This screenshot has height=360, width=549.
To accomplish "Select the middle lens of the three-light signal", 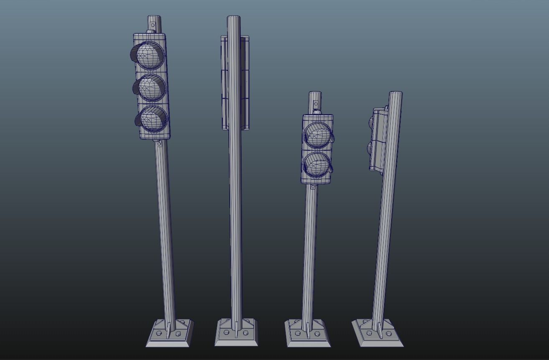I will coord(152,88).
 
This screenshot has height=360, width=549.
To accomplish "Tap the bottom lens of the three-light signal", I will coord(153,119).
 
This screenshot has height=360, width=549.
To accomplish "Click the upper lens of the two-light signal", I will coord(317,135).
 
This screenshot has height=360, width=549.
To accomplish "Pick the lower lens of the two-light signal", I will coord(317,164).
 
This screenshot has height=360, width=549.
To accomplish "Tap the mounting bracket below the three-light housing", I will coord(159,143).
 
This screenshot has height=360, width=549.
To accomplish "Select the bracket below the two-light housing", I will coord(313,187).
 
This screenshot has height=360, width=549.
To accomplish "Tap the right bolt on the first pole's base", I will coord(178,333).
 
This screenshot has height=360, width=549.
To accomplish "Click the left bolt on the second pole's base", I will coord(226,332).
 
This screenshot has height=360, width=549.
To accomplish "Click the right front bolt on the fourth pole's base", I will coord(389,333).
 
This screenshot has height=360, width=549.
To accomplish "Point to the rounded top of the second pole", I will coord(234,18).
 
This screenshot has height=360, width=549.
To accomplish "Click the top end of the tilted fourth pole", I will coord(396,94).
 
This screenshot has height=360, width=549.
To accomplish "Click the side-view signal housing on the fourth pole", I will coord(378,140).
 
